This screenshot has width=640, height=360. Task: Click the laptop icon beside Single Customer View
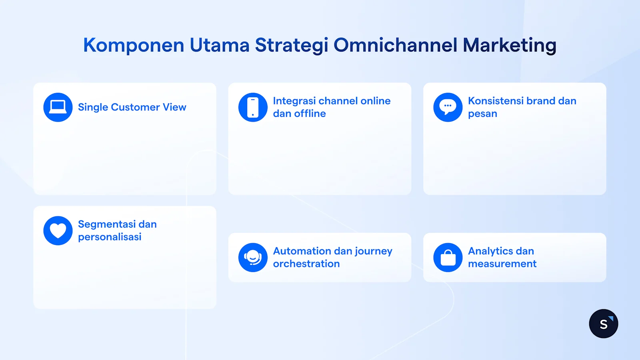[x=58, y=107]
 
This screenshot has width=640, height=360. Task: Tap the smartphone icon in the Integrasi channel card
[x=253, y=107]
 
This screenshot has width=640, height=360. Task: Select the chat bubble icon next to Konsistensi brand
[x=448, y=107]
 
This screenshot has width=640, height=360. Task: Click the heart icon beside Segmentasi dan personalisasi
[x=58, y=231]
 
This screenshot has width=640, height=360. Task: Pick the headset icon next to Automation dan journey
[x=253, y=258]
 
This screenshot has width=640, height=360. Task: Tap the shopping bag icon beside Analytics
[x=448, y=258]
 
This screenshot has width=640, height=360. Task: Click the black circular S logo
[x=604, y=324]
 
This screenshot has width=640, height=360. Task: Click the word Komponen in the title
[x=134, y=45]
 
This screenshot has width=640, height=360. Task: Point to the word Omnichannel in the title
[x=395, y=45]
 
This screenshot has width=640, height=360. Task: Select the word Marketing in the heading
[x=510, y=45]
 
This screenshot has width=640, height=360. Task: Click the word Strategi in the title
[x=292, y=45]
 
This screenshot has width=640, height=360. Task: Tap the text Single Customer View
[x=132, y=107]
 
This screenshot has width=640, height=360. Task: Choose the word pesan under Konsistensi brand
[x=482, y=114]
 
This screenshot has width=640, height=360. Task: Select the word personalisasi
[x=110, y=237]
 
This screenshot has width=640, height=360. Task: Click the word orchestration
[x=306, y=264]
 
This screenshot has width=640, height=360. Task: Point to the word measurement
[x=502, y=264]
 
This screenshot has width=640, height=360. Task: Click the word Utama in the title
[x=220, y=45]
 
